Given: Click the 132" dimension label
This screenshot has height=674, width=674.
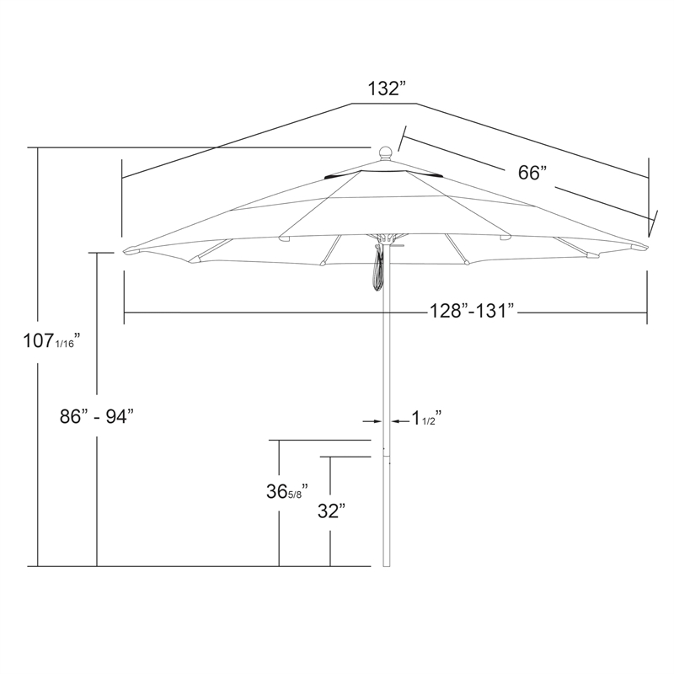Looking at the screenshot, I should (387, 89).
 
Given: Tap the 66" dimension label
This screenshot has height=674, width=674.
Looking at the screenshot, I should (532, 173).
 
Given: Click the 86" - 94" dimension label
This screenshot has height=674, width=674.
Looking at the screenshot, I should (98, 416).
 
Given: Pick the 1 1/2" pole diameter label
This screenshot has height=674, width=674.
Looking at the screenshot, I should (426, 417).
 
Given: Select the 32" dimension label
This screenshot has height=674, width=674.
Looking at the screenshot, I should (331, 511).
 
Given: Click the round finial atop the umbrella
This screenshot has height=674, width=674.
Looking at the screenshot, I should (385, 153).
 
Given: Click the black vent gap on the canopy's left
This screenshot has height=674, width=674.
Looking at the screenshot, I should (340, 176).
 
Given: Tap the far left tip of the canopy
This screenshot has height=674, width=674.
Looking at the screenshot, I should (126, 250).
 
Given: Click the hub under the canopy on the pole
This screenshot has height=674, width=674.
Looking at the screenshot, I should (386, 239).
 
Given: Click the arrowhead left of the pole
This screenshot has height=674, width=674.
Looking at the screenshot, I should (377, 420).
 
